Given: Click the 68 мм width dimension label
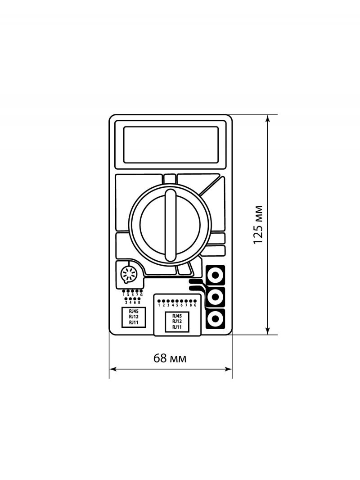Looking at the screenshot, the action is click(170, 358).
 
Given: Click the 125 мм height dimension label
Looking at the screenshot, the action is click(258, 224).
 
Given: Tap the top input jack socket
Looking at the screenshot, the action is click(216, 275).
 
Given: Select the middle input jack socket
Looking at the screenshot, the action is click(216, 296).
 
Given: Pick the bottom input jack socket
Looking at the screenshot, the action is click(216, 319).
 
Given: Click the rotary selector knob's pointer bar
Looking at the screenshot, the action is click(171, 224).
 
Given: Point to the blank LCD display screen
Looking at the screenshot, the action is click(171, 145).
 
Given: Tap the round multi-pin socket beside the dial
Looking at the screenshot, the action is click(128, 273).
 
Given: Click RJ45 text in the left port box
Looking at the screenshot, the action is click(133, 312).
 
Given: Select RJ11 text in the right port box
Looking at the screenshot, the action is click(177, 327).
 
